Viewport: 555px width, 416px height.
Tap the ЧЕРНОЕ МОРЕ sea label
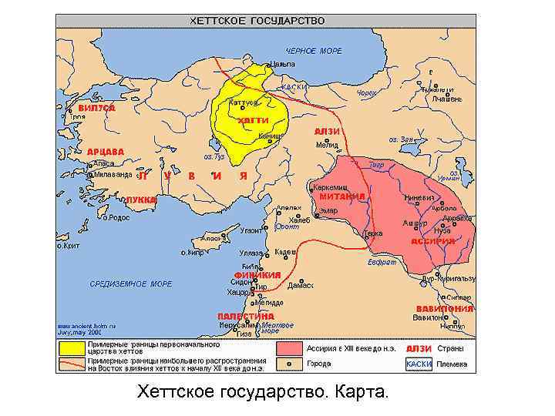pyautogui.click(x=314, y=51)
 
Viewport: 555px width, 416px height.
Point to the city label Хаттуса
pyautogui.click(x=244, y=102)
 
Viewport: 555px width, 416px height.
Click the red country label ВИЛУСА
pyautogui.click(x=96, y=109)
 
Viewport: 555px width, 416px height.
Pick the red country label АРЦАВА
pyautogui.click(x=106, y=151)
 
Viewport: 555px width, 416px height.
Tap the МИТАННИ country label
pyautogui.click(x=341, y=196)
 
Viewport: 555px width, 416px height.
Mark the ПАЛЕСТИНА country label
pyautogui.click(x=245, y=316)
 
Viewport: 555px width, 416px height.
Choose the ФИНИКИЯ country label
pyautogui.click(x=256, y=275)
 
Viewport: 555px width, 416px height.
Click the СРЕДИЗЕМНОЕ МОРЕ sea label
pyautogui.click(x=131, y=284)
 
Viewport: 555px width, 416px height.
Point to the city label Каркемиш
pyautogui.click(x=330, y=187)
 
